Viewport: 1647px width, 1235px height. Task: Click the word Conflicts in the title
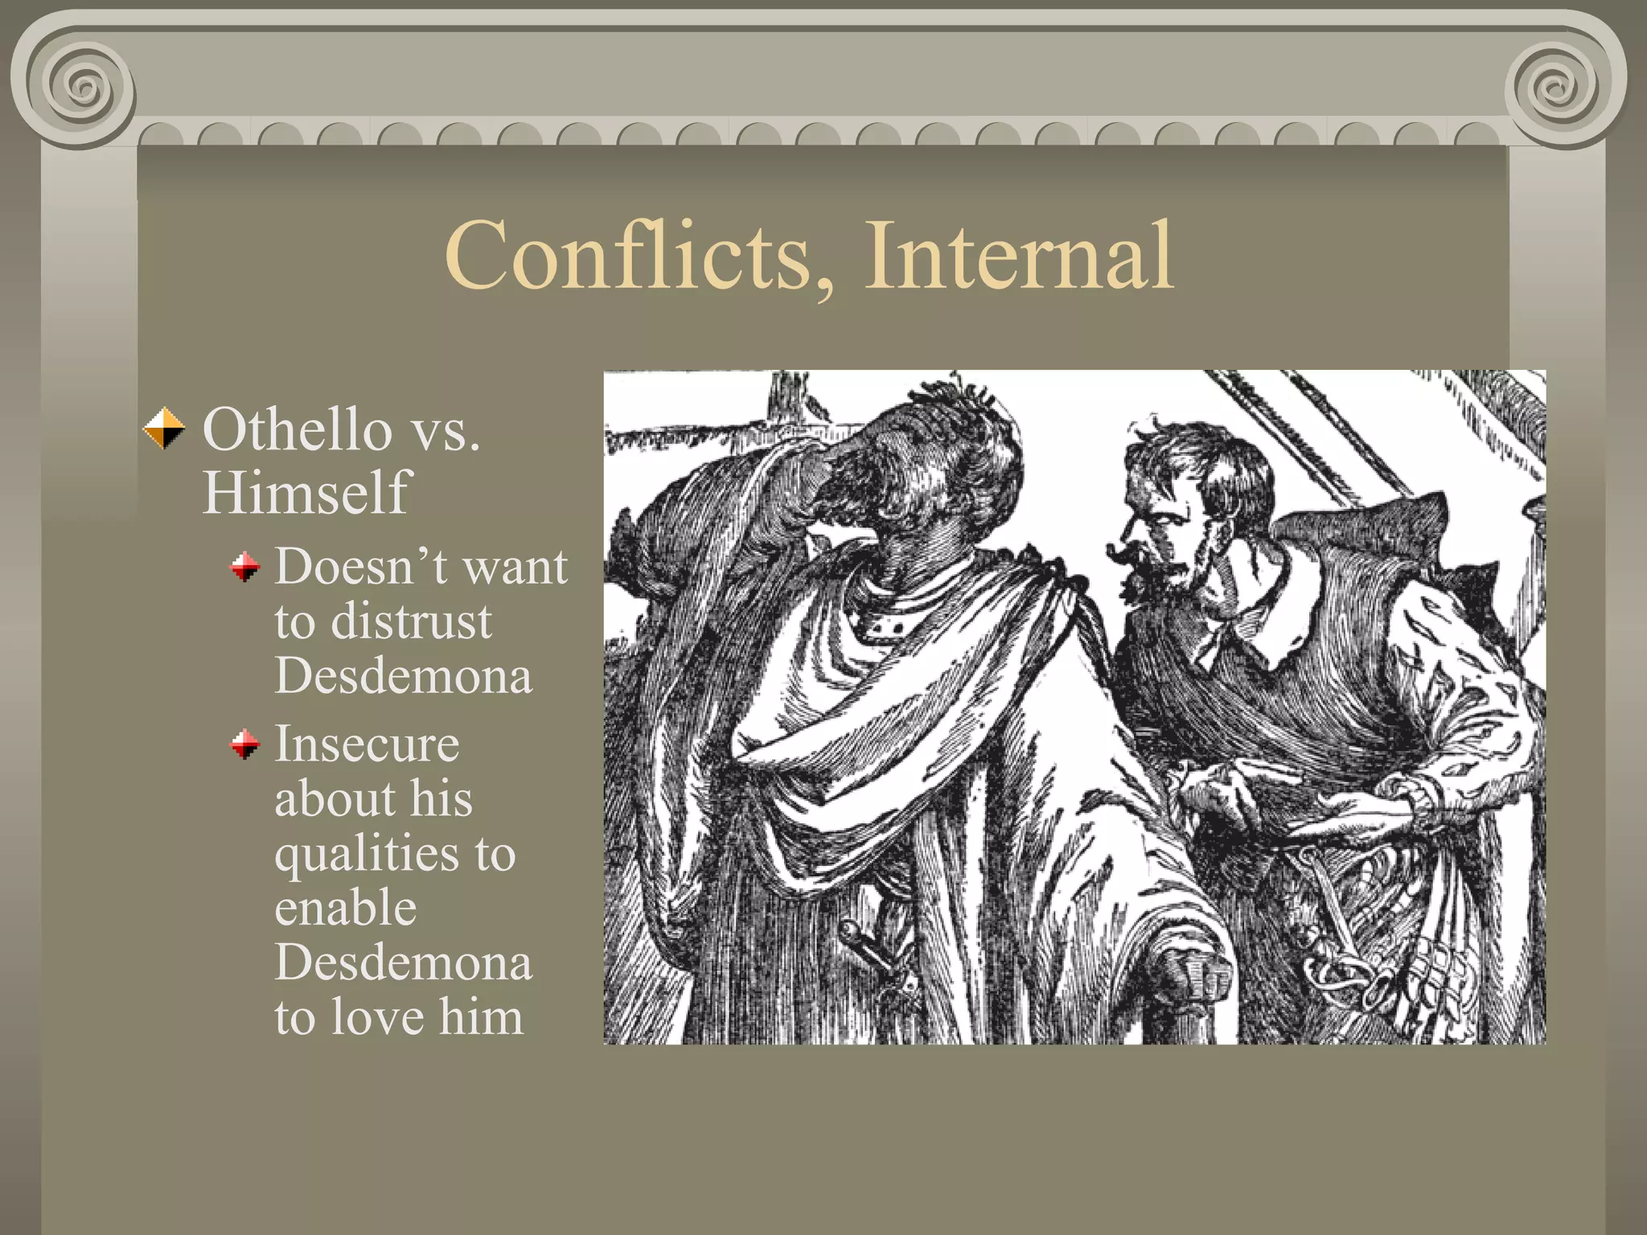[x=627, y=256]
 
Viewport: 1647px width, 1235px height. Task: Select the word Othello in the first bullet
[x=297, y=429]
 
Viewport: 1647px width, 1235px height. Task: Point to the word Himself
[x=306, y=492]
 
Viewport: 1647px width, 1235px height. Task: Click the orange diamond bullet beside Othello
[x=164, y=429]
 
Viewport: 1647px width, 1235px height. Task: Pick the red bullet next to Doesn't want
[x=244, y=568]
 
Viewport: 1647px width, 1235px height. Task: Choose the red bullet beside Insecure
[x=244, y=745]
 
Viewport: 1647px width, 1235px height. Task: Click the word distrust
[x=411, y=622]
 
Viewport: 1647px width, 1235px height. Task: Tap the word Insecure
[x=367, y=745]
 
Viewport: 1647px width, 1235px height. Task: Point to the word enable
[x=346, y=909]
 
